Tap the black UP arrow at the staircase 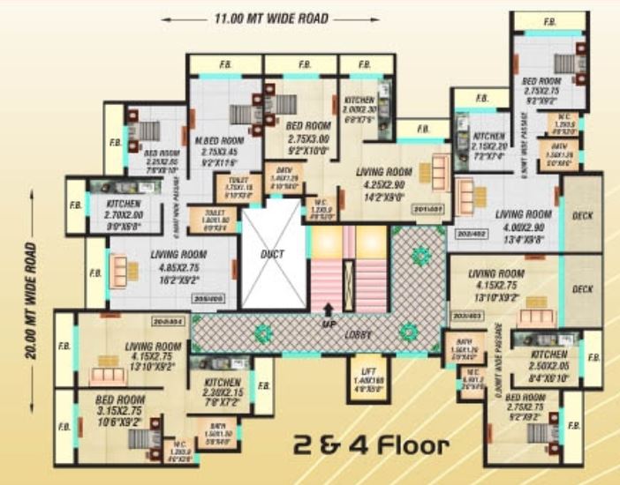(329, 309)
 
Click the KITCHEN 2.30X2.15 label (217, 370)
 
